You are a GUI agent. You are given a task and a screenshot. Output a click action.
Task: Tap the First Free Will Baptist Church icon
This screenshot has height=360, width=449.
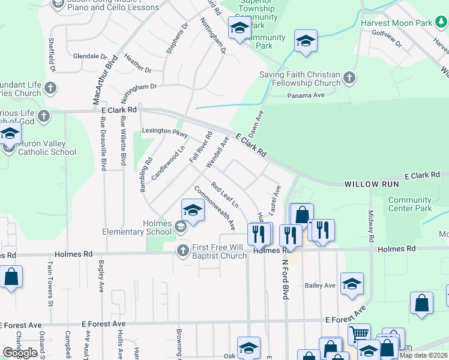[182, 250]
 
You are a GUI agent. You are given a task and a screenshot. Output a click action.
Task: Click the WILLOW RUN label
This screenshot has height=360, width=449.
[367, 184]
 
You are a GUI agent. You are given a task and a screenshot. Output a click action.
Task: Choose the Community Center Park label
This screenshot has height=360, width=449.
[410, 204]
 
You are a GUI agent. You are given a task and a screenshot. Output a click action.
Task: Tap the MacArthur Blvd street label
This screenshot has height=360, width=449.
[103, 81]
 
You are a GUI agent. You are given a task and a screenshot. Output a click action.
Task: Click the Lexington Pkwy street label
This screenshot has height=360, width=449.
[165, 131]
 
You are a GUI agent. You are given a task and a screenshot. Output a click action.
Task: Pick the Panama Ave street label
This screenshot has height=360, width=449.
[306, 95]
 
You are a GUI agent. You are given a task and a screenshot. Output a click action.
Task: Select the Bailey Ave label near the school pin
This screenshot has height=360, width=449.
[320, 286]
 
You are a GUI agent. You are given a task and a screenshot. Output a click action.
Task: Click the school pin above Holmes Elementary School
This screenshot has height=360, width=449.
[193, 210]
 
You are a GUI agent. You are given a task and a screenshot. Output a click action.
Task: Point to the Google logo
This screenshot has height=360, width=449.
[20, 353]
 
